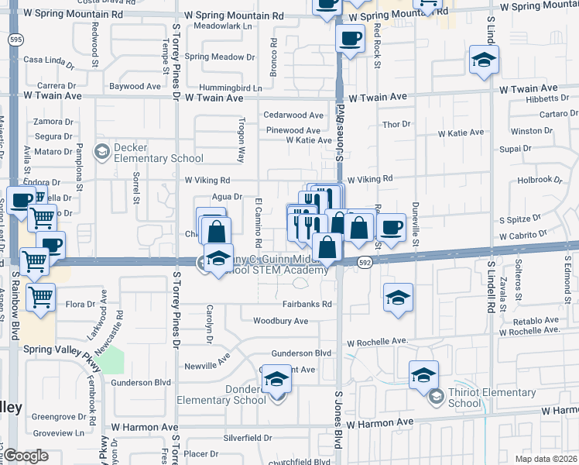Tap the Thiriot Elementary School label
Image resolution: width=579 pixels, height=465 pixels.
pyautogui.click(x=492, y=398)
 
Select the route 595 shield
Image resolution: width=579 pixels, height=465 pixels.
pyautogui.click(x=15, y=39)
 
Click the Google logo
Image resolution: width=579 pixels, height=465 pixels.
pyautogui.click(x=26, y=456)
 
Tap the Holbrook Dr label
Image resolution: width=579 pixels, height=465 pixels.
pyautogui.click(x=539, y=180)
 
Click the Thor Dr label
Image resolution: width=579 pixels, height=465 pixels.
pyautogui.click(x=396, y=124)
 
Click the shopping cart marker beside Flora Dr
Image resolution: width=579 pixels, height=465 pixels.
pyautogui.click(x=40, y=297)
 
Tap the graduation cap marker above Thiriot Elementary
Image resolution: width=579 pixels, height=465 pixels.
pyautogui.click(x=423, y=375)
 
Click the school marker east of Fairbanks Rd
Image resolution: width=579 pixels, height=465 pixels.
pyautogui.click(x=398, y=298)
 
